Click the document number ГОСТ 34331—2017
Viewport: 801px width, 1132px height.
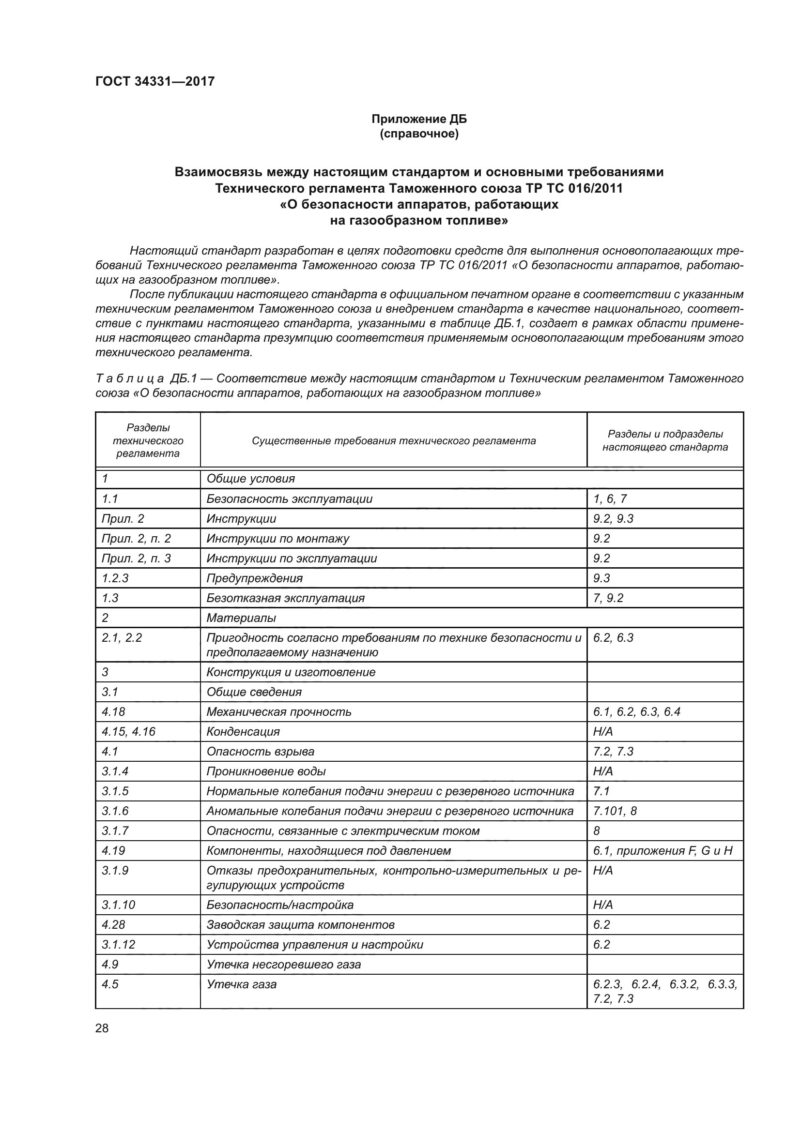coord(155,81)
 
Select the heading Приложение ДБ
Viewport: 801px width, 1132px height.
coord(419,119)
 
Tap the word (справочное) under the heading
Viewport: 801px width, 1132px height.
coord(419,134)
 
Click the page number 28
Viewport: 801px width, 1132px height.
coord(102,1028)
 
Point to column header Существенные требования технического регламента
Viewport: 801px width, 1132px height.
coord(393,440)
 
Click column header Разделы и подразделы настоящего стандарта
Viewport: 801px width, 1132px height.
coord(665,440)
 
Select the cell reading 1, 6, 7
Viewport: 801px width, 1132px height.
coord(610,498)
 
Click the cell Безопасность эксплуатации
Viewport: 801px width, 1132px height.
coord(290,498)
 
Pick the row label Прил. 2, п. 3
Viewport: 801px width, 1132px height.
coord(136,558)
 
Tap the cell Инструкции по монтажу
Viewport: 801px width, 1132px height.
coord(277,538)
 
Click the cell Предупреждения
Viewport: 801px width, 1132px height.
coord(255,578)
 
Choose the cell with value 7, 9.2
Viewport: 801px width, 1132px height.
coord(608,598)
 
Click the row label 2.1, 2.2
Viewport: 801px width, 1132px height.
coord(122,637)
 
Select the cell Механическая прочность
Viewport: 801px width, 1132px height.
coord(278,711)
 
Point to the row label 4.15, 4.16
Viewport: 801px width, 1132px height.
coord(128,731)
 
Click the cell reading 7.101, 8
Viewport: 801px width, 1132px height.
coord(615,811)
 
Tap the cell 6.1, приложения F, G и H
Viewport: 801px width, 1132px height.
coord(663,850)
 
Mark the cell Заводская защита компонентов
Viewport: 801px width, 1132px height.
coord(300,924)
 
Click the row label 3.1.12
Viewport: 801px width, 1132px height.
coord(118,944)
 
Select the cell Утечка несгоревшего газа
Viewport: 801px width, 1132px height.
coord(284,964)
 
